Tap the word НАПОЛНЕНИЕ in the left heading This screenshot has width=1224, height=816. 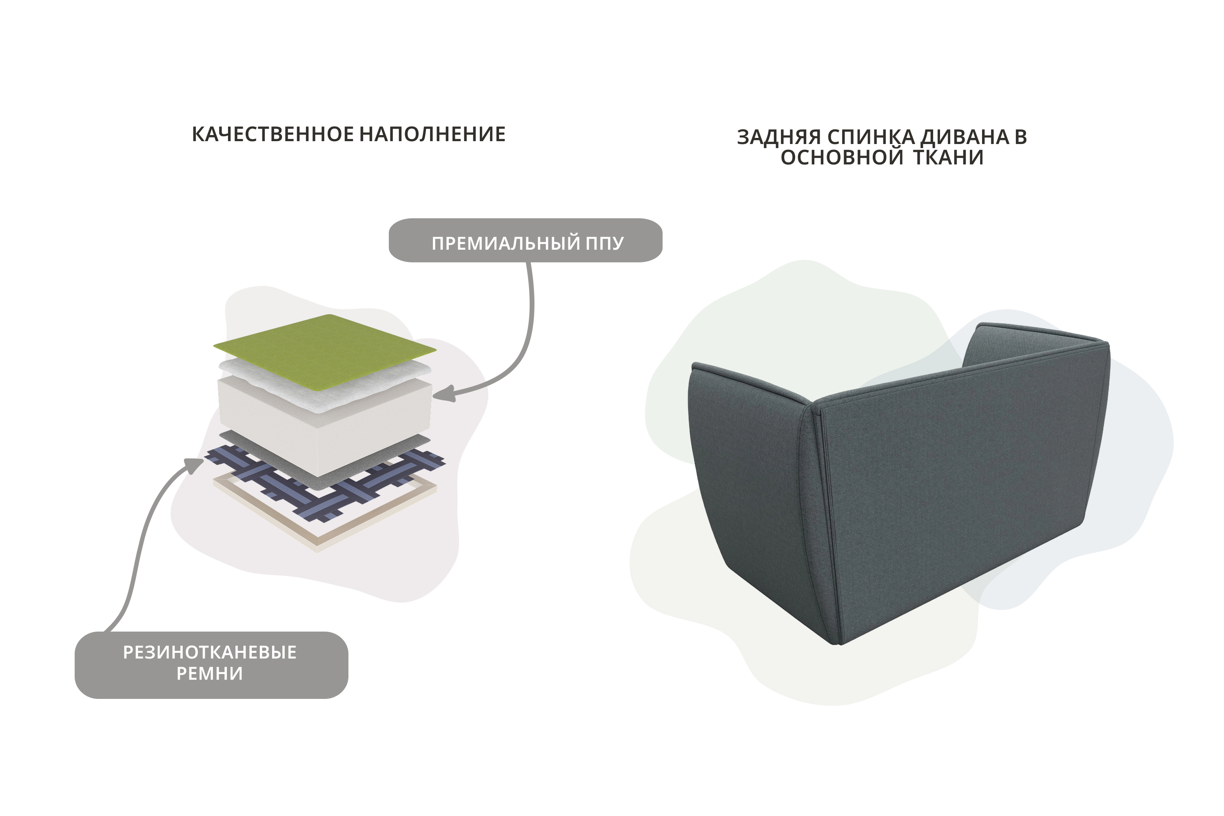tap(432, 134)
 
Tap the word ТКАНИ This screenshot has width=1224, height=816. tap(948, 157)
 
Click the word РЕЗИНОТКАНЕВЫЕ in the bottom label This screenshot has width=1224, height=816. tap(210, 652)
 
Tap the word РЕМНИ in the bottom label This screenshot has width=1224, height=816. tap(210, 674)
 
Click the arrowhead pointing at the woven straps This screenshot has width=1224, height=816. tap(195, 465)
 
